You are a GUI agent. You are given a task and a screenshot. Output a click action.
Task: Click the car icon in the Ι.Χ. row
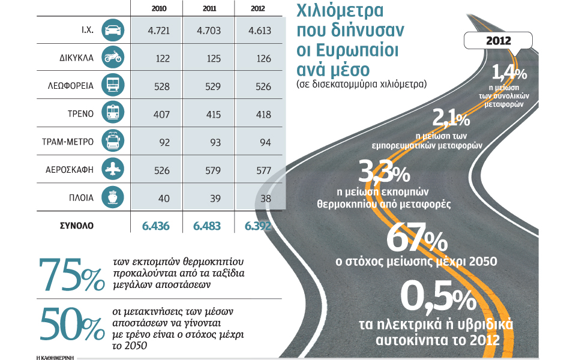coord(113,29)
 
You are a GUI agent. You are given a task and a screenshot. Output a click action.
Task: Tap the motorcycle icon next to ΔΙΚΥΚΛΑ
coord(113,57)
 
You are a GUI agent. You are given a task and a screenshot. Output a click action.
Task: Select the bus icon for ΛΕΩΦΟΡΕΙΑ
coord(113,85)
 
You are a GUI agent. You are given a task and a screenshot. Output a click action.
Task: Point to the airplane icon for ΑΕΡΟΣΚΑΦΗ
coord(113,170)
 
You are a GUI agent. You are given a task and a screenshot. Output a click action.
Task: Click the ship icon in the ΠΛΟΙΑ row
coord(113,197)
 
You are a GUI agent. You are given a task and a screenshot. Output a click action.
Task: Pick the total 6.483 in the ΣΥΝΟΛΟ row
coord(206,226)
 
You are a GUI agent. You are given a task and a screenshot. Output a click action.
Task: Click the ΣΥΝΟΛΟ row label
coord(76,226)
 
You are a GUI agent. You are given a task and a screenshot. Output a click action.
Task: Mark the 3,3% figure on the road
coord(383,173)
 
